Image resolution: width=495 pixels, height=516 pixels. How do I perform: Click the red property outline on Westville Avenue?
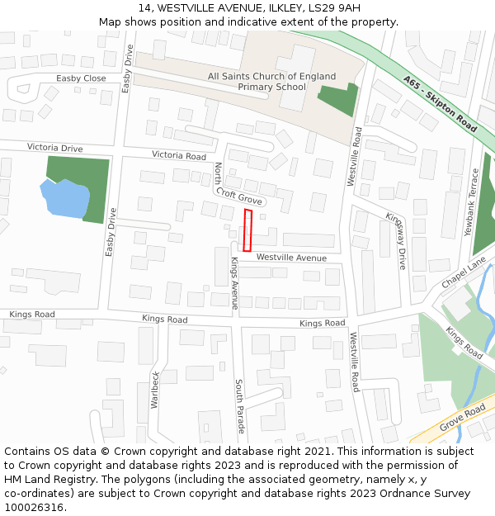247,230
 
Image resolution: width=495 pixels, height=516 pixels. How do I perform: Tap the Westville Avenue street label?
291,258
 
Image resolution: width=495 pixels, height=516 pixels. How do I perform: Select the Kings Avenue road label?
234,282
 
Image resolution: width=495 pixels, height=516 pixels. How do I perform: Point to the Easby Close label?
81,78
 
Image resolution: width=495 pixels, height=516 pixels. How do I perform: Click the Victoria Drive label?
55,148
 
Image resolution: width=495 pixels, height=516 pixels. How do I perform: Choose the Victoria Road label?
178,155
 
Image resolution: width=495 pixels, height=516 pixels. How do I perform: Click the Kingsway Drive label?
396,240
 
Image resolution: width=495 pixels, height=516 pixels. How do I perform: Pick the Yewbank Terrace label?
474,202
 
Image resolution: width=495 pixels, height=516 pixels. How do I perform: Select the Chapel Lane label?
463,272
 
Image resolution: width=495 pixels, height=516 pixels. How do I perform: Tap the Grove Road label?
463,418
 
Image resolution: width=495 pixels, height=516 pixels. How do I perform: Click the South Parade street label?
239,406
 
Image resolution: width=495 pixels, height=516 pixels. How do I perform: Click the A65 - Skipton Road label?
441,104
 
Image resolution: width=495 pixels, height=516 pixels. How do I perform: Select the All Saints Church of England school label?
271,81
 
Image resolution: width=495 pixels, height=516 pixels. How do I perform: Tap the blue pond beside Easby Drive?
64,198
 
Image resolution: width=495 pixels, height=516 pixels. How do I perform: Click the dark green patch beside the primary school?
338,99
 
